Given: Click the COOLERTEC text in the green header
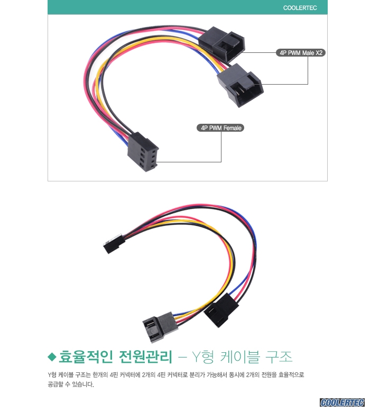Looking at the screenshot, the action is (300, 8).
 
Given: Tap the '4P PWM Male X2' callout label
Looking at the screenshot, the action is (301, 53).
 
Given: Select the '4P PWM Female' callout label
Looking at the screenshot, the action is (220, 128).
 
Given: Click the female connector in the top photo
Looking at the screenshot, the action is (143, 152).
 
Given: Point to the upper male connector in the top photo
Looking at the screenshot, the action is (222, 43).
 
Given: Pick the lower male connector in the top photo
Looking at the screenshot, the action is (240, 85).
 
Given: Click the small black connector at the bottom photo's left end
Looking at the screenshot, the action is (113, 244).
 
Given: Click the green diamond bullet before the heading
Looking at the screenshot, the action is (52, 357).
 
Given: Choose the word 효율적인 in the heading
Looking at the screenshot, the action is (85, 357).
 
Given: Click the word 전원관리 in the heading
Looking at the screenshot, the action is (146, 357).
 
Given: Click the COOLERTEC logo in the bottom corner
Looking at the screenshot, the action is (342, 402).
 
